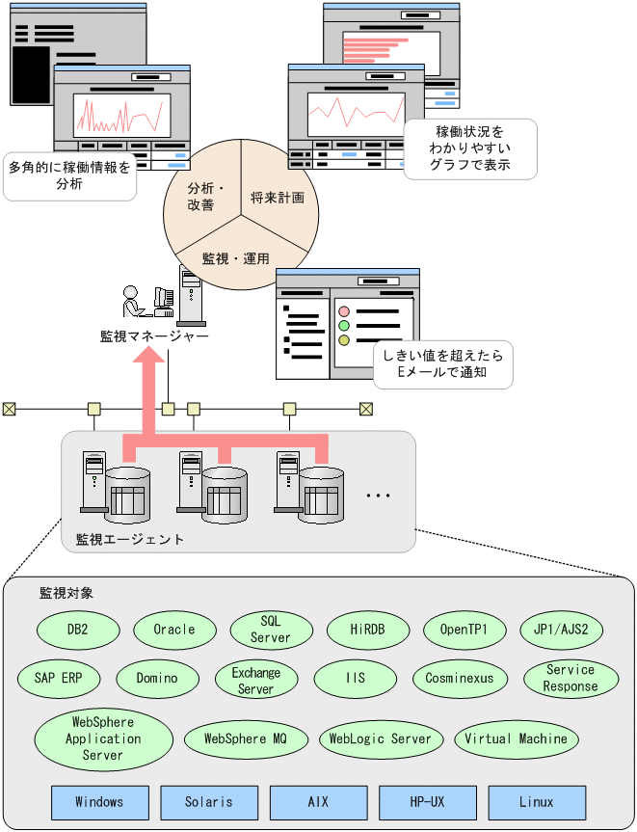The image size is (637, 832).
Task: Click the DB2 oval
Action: click(x=78, y=630)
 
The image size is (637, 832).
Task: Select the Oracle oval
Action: click(x=173, y=630)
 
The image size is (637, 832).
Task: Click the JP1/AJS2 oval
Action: click(x=561, y=630)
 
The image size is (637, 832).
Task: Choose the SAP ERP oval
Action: click(x=59, y=678)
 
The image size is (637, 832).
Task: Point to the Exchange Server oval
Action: click(x=255, y=680)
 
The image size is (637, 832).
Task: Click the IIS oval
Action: click(x=355, y=679)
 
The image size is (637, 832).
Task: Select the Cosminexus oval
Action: click(x=459, y=678)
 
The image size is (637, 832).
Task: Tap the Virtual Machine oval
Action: click(x=516, y=739)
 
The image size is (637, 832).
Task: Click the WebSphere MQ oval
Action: click(x=246, y=739)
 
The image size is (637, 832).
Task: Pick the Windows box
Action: click(x=100, y=802)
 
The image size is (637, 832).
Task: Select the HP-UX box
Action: click(x=427, y=802)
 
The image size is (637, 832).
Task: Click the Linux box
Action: click(x=536, y=802)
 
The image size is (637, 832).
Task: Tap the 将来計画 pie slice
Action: click(x=277, y=197)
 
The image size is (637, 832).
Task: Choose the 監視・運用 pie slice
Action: click(x=235, y=257)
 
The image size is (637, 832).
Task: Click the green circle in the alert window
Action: click(x=343, y=326)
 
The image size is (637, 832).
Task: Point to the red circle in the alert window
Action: click(x=343, y=311)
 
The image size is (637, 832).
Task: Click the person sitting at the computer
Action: click(x=136, y=303)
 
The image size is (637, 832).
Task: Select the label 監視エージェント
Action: click(x=130, y=539)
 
